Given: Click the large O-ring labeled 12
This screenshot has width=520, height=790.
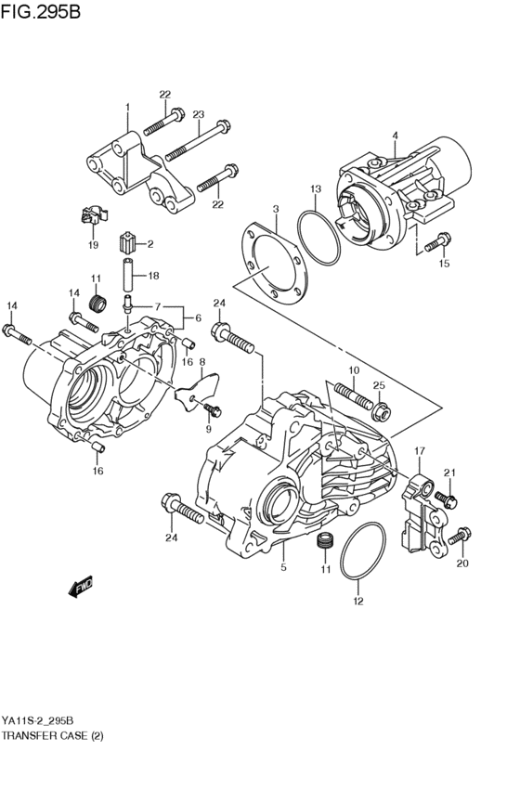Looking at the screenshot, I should click(362, 555).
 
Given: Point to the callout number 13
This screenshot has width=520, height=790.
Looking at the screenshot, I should click(315, 189).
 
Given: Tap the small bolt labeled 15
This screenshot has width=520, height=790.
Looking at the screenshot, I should click(435, 242).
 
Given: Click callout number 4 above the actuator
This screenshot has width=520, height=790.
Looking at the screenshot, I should click(394, 136).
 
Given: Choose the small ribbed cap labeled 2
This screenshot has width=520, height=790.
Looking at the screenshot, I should click(129, 246).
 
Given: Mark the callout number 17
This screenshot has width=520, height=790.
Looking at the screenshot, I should click(419, 451).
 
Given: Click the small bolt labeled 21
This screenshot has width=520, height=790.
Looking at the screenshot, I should click(444, 499).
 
